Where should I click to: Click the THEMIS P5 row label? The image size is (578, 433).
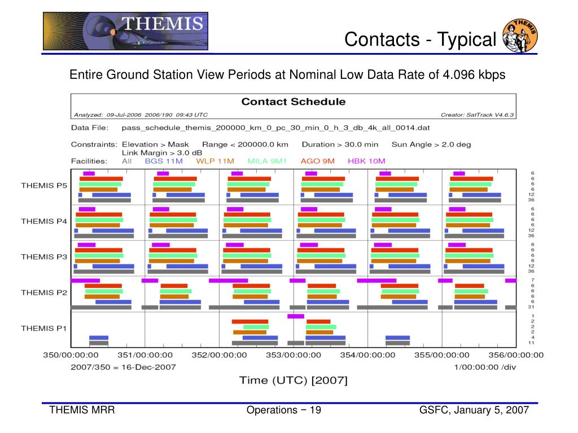pos(44,185)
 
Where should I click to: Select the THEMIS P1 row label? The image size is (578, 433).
pos(44,328)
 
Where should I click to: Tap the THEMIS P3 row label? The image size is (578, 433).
pos(44,257)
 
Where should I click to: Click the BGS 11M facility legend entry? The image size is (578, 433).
pos(164,161)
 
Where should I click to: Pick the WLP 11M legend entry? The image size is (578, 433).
pos(215,161)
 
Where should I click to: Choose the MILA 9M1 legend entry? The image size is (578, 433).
pos(267,161)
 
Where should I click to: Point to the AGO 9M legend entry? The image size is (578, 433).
pos(318,161)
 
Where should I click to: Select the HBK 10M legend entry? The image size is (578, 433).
pos(365,161)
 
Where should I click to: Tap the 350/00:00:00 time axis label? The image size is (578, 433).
pos(71,355)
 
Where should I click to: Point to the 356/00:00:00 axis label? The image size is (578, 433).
pos(515,355)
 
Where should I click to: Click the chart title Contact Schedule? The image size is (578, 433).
pos(294,102)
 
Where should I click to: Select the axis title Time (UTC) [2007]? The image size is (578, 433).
pos(294,380)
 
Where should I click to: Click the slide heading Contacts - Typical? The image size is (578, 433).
pos(420,39)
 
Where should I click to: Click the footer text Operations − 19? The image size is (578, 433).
pos(283,410)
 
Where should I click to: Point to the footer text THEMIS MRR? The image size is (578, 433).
pos(82,410)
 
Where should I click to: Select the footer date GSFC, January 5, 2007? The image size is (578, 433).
pos(474,410)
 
